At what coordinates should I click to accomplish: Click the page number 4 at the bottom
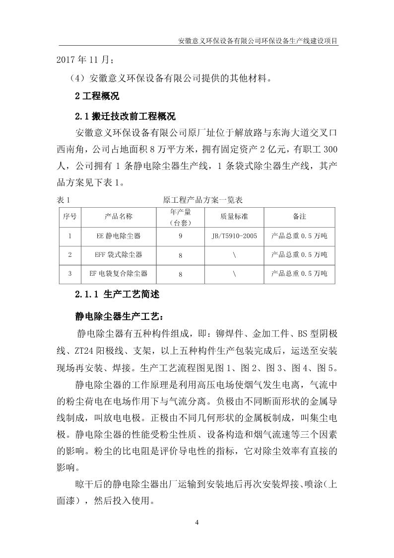point(197,522)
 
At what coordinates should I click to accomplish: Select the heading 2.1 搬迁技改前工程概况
point(126,117)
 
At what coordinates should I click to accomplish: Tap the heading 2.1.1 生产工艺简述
point(117,294)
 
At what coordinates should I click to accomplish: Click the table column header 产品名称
point(119,217)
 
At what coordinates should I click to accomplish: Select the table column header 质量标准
point(234,217)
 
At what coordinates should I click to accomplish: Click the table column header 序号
point(70,217)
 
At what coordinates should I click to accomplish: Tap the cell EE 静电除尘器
point(119,236)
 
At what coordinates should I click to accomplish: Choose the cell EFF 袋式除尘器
point(119,254)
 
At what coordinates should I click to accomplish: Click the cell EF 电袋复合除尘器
point(119,273)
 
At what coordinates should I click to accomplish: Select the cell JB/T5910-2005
point(234,236)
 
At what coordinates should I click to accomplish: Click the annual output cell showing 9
point(180,236)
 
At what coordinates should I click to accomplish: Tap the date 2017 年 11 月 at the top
point(85,61)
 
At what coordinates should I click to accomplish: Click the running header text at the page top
point(258,41)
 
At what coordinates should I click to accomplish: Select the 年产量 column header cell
point(180,217)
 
